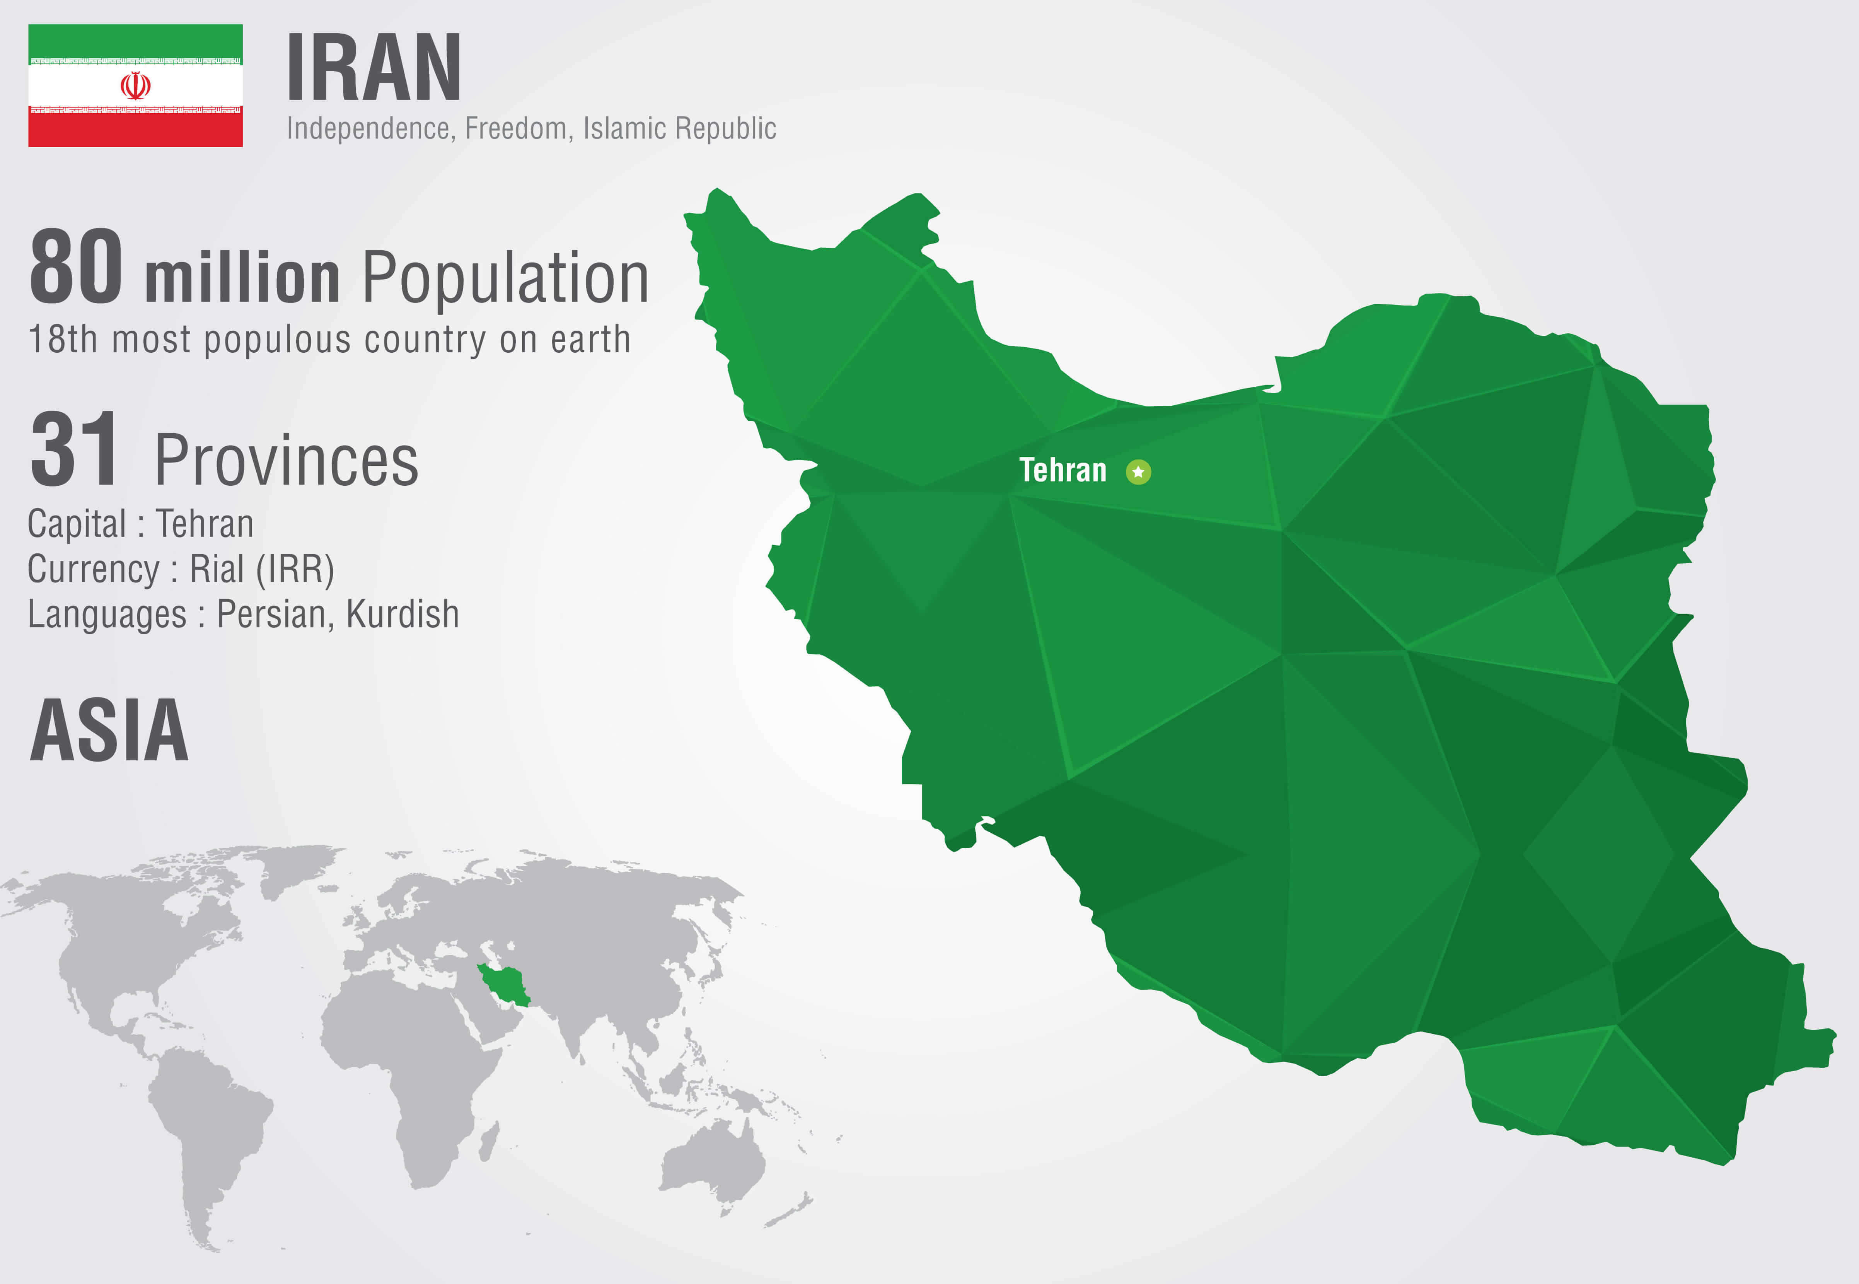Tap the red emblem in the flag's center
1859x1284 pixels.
point(135,85)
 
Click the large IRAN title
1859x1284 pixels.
point(374,69)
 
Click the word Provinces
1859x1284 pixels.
point(286,461)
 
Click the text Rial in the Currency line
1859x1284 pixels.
point(217,570)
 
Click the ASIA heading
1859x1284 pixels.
point(109,731)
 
